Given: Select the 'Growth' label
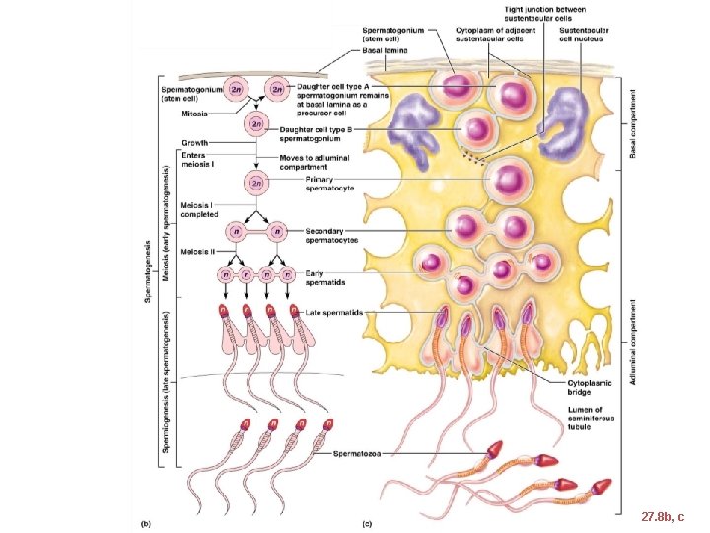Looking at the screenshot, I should coord(194,143).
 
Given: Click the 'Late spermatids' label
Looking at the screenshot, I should coord(333,312).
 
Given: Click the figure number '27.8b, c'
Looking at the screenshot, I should coord(661,515).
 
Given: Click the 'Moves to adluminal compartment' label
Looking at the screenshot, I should coord(316,162).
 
